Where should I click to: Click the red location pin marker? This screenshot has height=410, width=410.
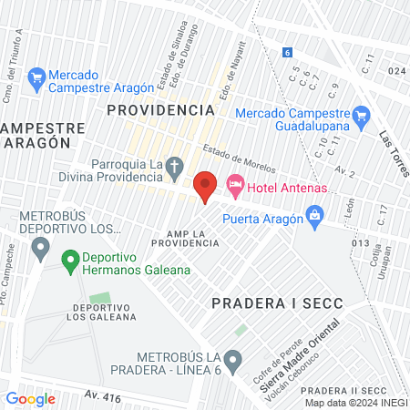[206, 186]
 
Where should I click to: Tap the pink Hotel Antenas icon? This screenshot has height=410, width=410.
[234, 185]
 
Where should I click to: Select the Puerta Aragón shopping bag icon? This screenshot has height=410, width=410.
[314, 216]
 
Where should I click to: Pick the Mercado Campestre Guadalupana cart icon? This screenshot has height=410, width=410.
[362, 115]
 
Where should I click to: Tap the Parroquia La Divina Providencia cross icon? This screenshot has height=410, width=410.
[177, 165]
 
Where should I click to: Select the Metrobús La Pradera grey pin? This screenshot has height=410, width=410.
[234, 360]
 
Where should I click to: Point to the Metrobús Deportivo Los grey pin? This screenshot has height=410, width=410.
[40, 246]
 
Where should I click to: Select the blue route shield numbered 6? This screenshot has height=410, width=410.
[287, 53]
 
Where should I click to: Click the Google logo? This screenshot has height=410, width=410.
[31, 398]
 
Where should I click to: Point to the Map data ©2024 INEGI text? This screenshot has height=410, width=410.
[356, 403]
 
